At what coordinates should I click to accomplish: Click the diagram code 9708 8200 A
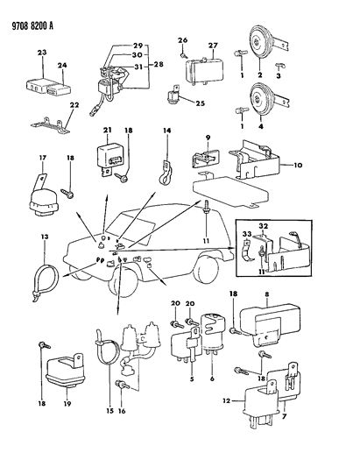point(32,26)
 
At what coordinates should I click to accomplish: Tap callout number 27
point(213,46)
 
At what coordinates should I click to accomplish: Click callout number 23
point(42,53)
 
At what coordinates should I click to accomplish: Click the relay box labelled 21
point(108,159)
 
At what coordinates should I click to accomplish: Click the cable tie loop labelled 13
point(45,280)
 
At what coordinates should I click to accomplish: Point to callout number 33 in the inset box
point(247,234)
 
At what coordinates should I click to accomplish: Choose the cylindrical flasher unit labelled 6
point(212,334)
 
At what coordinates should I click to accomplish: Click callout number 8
point(267,294)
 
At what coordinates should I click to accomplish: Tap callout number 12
point(226,400)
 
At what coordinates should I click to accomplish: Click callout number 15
point(109,411)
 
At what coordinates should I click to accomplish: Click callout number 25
point(201,103)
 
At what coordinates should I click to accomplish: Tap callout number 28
point(159,64)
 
